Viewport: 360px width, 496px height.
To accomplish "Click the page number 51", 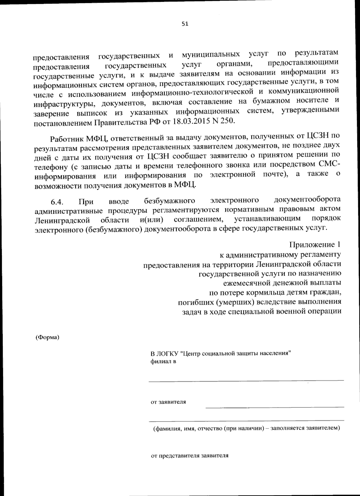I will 185,24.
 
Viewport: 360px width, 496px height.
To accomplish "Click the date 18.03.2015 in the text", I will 188,121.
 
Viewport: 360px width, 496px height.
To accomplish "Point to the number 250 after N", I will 226,121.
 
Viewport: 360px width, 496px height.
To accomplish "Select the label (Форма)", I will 48,337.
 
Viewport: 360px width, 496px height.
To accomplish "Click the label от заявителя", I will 168,402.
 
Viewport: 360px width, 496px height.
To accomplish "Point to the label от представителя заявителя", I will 189,455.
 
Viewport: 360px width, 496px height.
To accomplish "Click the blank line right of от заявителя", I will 274,407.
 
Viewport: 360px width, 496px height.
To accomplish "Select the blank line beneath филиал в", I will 246,381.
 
